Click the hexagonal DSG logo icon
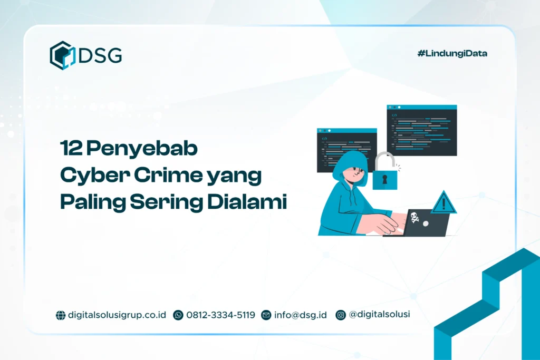pos(63,55)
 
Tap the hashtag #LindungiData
pos(452,53)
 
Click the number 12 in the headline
pos(70,149)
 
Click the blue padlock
pos(384,173)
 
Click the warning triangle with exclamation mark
pos(443,202)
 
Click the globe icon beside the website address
pos(61,315)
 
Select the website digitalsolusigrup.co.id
pos(117,315)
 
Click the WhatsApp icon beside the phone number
pos(178,315)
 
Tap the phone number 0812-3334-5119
pos(220,315)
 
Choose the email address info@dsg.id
pos(300,315)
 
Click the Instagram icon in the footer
pos(341,315)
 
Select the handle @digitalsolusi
pos(379,315)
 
